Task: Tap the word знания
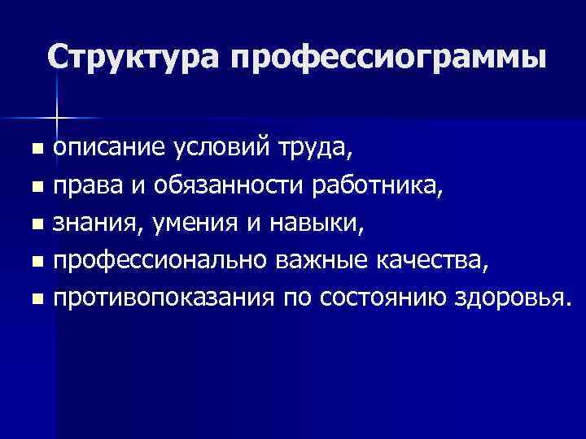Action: click(x=91, y=224)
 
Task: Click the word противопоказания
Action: click(x=163, y=299)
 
